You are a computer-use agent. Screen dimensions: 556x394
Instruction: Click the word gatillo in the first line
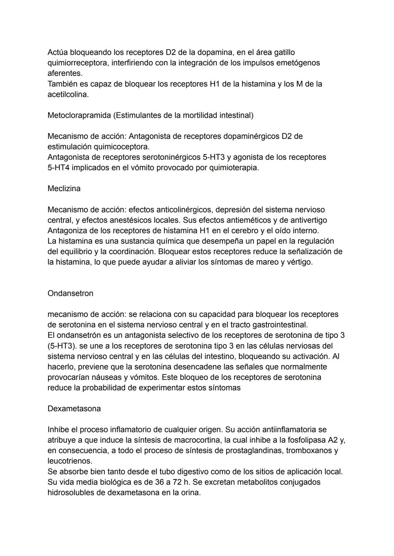pos(282,52)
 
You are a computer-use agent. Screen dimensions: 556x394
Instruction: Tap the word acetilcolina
pos(68,94)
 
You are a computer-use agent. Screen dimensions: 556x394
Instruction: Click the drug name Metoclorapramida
pos(79,115)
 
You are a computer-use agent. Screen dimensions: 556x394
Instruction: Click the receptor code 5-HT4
pos(59,168)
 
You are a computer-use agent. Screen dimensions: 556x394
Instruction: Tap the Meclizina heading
pos(64,188)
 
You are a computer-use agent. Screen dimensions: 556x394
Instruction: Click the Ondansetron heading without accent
pos(70,293)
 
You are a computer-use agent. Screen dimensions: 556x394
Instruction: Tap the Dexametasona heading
pos(74,409)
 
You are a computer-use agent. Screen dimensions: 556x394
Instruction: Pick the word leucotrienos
pos(70,461)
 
